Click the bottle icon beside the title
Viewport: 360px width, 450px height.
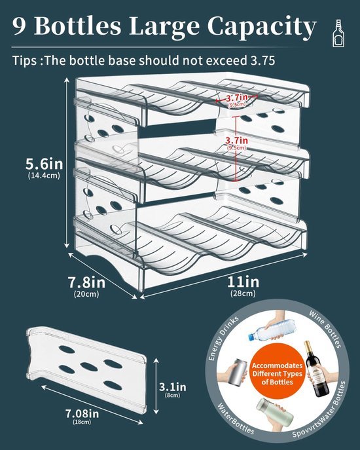[x=339, y=33]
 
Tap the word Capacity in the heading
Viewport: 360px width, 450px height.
[x=262, y=27]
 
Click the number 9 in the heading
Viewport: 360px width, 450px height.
[x=19, y=26]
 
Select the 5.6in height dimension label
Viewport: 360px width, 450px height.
[x=44, y=164]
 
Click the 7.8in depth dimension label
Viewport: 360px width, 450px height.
[x=86, y=282]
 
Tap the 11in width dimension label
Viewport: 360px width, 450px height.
[x=243, y=282]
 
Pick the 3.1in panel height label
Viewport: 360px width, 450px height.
[x=173, y=387]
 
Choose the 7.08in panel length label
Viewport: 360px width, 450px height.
[x=82, y=413]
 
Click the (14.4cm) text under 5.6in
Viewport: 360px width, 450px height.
[x=44, y=176]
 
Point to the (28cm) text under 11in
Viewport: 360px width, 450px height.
[x=243, y=293]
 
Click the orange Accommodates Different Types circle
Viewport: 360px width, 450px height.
[x=277, y=373]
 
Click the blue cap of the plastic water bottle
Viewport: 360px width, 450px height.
[x=251, y=336]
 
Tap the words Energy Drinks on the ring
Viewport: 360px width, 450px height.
[x=223, y=339]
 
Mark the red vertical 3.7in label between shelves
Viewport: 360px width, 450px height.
[x=236, y=140]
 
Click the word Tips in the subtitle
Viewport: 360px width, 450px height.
[x=24, y=61]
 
